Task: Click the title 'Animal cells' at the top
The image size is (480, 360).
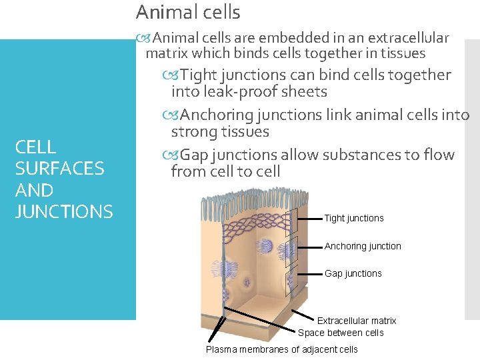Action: click(188, 12)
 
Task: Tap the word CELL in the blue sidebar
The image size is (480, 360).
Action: click(35, 147)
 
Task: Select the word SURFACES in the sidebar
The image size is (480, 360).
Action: click(59, 169)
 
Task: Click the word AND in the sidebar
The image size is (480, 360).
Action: click(34, 191)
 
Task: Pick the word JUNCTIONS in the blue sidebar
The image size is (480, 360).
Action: click(64, 212)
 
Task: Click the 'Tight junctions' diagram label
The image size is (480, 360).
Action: click(354, 218)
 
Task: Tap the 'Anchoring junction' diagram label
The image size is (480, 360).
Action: click(363, 246)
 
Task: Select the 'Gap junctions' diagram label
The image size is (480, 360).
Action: click(353, 273)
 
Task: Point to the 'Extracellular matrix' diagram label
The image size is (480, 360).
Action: click(357, 321)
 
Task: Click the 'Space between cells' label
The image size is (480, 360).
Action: click(341, 333)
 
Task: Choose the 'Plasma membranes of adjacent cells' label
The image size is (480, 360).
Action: click(281, 349)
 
